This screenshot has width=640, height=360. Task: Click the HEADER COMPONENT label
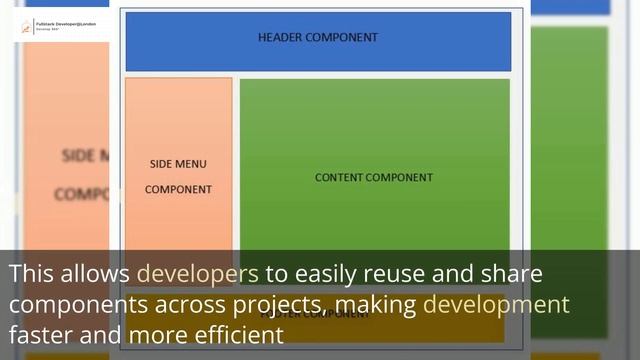(318, 37)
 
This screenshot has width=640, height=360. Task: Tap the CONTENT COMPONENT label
(374, 177)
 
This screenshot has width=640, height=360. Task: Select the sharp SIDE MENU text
(178, 164)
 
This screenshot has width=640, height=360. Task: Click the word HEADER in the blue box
(281, 37)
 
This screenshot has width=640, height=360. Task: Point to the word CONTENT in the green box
(339, 177)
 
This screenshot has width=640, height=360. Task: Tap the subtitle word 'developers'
(197, 273)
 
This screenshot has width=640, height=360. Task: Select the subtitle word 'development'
(496, 304)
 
